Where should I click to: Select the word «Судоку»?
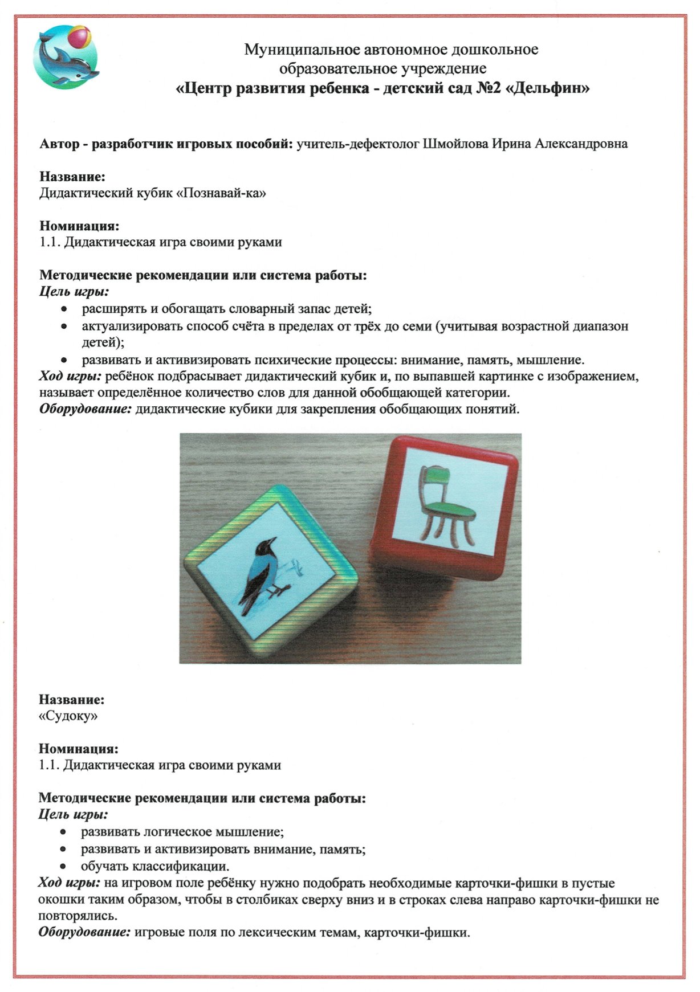tap(68, 716)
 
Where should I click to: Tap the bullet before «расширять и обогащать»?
tap(66, 309)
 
